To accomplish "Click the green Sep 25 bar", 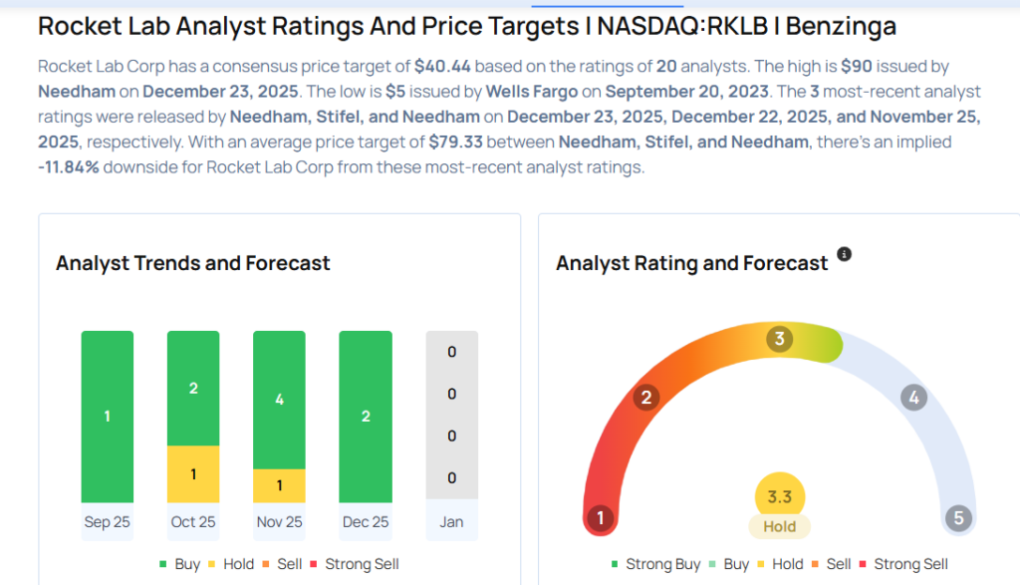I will [108, 417].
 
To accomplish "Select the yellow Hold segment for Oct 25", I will [193, 473].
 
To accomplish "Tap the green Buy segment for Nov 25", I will [279, 400].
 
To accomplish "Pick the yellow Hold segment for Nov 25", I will [279, 485].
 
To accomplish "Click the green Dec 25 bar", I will [366, 417].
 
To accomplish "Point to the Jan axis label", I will [451, 522].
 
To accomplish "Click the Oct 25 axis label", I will [193, 522].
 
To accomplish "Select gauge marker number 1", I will [600, 518].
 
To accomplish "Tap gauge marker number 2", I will [646, 399].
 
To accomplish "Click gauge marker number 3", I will [779, 339].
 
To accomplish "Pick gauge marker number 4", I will [912, 399].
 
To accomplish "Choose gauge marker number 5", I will [958, 518].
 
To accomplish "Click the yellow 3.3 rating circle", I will [780, 496].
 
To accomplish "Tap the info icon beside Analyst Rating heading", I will [845, 255].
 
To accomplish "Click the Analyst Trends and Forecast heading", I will [192, 263].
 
